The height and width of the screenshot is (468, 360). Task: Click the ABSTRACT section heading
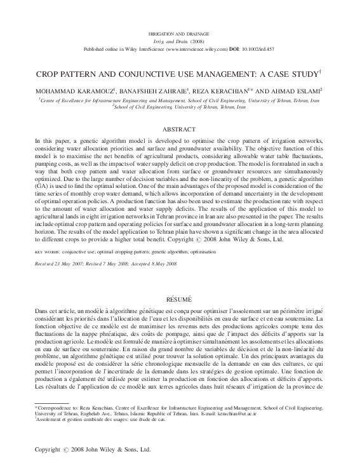pos(180,128)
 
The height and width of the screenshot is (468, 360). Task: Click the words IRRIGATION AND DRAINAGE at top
pos(180,31)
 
